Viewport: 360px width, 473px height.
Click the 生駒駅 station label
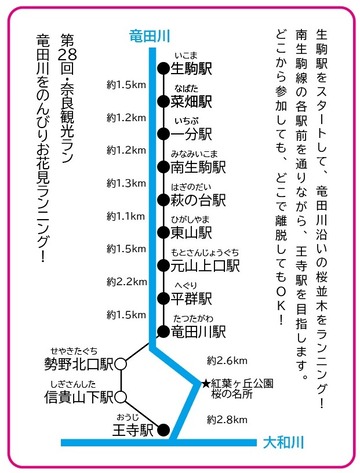[194, 68]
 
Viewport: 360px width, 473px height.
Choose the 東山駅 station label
[194, 233]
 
